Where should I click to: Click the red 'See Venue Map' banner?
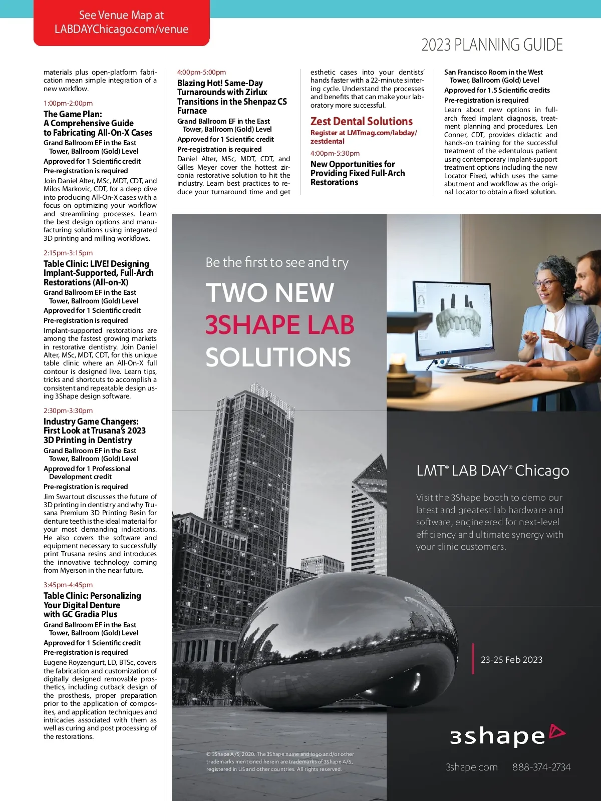click(121, 23)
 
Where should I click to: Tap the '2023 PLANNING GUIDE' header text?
click(492, 45)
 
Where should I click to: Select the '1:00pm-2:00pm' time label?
click(68, 103)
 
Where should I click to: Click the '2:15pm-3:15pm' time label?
click(68, 253)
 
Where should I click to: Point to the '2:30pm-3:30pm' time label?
click(68, 411)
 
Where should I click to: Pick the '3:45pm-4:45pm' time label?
click(68, 585)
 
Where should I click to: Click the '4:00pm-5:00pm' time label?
click(201, 72)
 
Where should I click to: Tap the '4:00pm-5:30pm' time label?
click(335, 153)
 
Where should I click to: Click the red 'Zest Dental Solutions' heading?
click(361, 121)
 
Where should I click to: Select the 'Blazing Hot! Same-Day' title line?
click(220, 83)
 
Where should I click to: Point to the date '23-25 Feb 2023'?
click(511, 660)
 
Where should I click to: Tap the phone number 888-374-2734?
click(541, 767)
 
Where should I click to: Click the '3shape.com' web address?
click(472, 767)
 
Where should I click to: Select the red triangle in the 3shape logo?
click(557, 732)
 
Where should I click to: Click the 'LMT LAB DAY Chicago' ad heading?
click(492, 471)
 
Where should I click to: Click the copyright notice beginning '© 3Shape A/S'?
click(280, 761)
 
